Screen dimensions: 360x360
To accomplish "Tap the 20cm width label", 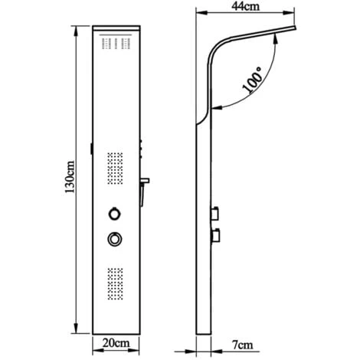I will [x=116, y=345].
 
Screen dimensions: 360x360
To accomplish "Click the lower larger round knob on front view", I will [x=114, y=240].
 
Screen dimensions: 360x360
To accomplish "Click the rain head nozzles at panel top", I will [x=116, y=43].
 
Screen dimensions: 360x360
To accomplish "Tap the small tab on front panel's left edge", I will [x=90, y=149].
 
